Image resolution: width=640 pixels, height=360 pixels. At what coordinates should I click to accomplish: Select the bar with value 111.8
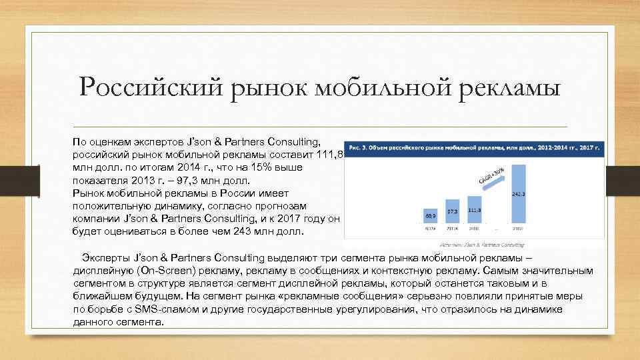coord(474,210)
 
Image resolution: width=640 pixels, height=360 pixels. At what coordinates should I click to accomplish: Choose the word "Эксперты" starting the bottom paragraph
coord(107,258)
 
